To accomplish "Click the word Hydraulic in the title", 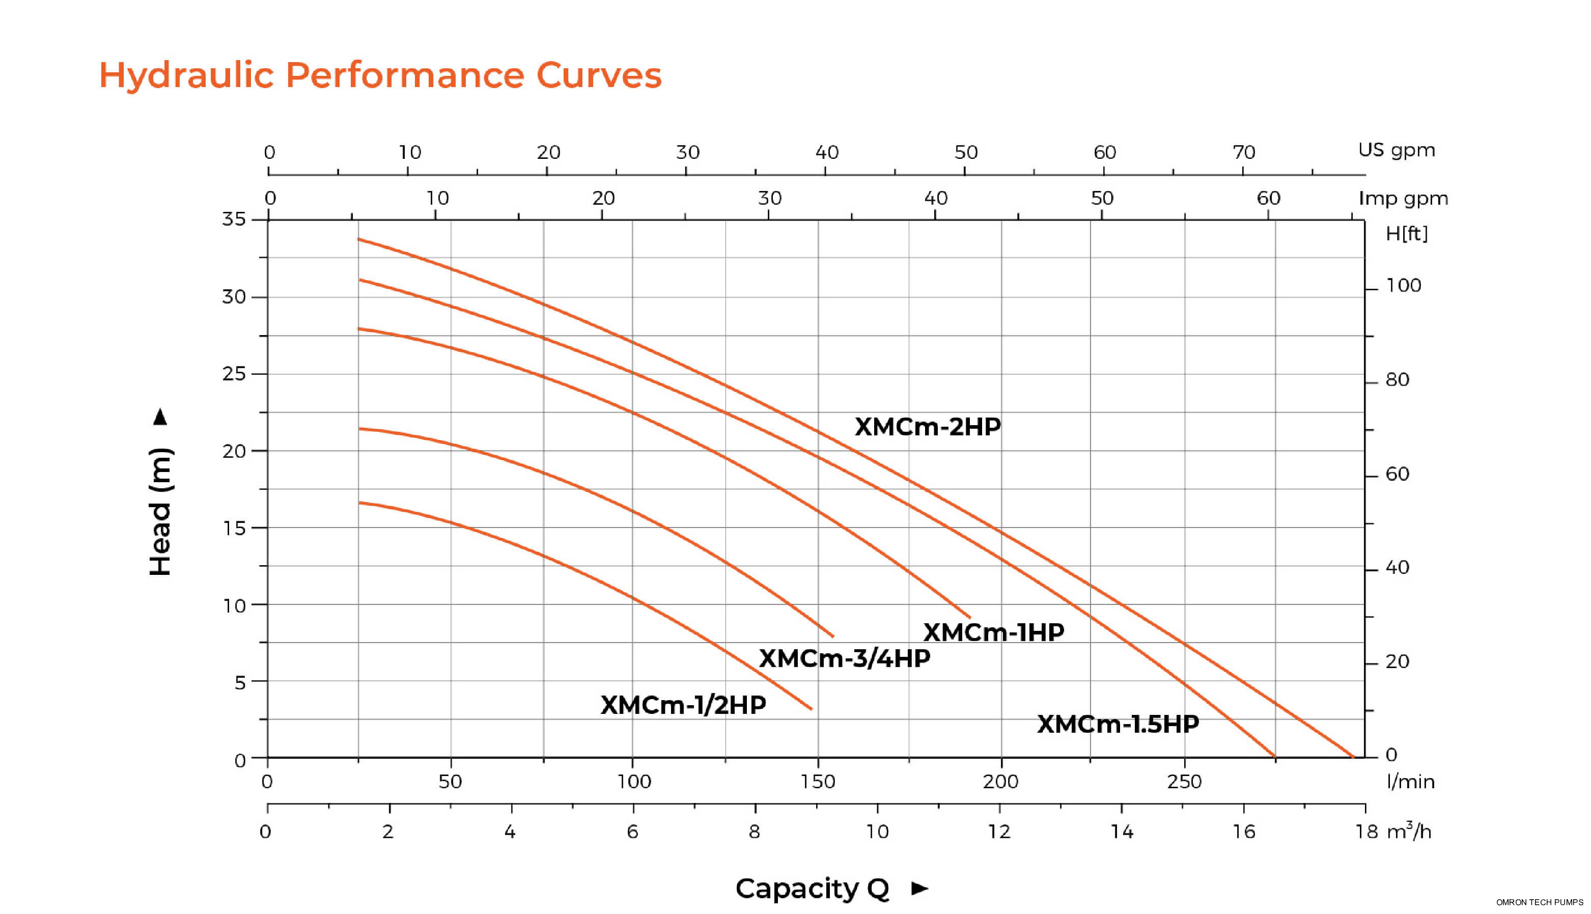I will click(186, 75).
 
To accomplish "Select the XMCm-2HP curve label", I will click(927, 427).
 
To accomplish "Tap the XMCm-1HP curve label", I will click(993, 632).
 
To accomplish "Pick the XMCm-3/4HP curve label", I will click(844, 658).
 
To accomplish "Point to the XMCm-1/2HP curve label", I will click(683, 705).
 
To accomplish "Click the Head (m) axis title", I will click(161, 512).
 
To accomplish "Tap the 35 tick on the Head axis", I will click(234, 219).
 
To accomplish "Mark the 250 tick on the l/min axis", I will click(1184, 782).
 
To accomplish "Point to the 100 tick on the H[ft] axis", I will click(1403, 286).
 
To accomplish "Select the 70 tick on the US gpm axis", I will click(1243, 153).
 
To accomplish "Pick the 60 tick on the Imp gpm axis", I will click(1268, 199).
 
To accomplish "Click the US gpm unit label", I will click(1396, 150).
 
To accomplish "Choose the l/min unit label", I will click(1410, 782).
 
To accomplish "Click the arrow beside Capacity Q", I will click(919, 888).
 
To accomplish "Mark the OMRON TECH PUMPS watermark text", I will click(1539, 902).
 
